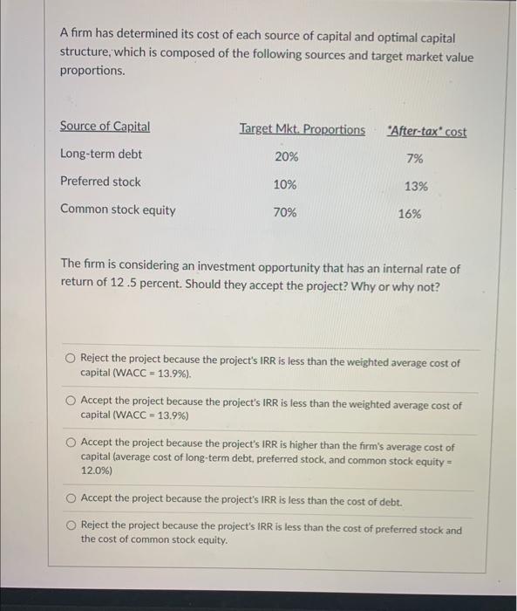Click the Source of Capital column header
tap(105, 127)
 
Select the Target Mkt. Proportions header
tap(303, 130)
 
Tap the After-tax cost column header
tap(428, 132)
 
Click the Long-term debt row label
tap(101, 154)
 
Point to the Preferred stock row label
tap(100, 182)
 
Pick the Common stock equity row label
tap(118, 209)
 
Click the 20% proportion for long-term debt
tap(286, 157)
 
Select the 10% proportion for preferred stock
tap(285, 185)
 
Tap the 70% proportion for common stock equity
tap(285, 212)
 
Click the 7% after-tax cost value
tap(414, 159)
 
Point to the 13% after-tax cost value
tap(416, 186)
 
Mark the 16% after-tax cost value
tap(410, 214)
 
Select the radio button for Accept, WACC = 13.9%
tap(71, 401)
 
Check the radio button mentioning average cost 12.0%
tap(71, 443)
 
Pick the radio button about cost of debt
tap(71, 498)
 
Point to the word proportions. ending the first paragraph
tap(92, 71)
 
